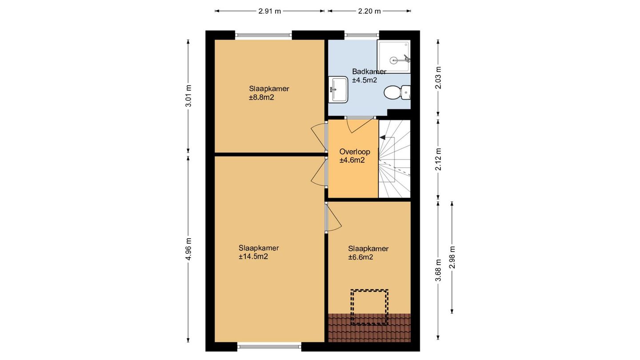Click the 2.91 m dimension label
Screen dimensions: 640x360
click(x=269, y=11)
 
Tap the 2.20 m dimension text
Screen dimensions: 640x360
click(x=369, y=11)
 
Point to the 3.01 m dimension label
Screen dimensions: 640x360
click(x=188, y=96)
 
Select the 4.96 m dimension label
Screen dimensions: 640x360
click(x=188, y=249)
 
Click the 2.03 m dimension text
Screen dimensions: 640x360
click(x=438, y=78)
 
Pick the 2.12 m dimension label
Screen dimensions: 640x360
click(x=438, y=159)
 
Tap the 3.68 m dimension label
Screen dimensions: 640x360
click(x=438, y=270)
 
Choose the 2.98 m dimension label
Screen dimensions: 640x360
click(x=452, y=257)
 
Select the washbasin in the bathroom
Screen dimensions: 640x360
click(x=338, y=89)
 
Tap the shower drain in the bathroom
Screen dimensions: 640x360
click(x=394, y=60)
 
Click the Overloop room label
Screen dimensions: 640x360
click(x=355, y=152)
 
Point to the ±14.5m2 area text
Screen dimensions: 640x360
click(x=253, y=256)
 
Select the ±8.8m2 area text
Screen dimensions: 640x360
click(x=261, y=97)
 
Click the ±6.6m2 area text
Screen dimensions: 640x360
click(x=360, y=257)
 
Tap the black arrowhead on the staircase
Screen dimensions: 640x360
click(x=382, y=138)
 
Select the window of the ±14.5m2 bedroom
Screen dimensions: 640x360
click(x=269, y=347)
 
